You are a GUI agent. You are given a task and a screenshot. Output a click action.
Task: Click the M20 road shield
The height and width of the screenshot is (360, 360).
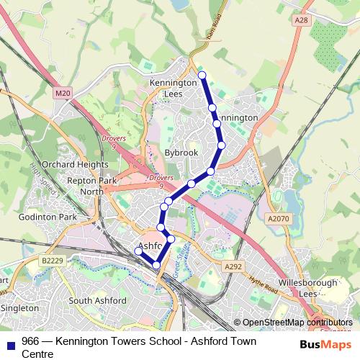(63, 93)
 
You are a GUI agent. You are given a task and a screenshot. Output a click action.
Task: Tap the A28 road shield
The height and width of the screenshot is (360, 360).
(301, 21)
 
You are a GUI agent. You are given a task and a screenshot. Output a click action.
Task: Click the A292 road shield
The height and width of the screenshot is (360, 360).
(233, 266)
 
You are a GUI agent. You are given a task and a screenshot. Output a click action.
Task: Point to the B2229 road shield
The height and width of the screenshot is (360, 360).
(51, 260)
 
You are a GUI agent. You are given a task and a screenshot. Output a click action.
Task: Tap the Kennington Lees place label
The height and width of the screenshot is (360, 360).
(173, 89)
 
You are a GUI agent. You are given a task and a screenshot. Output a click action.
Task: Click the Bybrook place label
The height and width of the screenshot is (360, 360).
(181, 153)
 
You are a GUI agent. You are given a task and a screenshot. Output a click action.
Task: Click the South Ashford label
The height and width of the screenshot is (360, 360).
(97, 300)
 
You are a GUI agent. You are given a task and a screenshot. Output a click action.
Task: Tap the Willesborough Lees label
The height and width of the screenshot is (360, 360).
(318, 288)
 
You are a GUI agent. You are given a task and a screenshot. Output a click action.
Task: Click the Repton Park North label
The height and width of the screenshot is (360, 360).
(91, 186)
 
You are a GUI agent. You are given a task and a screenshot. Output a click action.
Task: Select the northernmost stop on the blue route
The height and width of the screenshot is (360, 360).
(202, 75)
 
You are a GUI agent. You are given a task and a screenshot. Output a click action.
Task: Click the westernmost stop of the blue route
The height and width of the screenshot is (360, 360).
(138, 251)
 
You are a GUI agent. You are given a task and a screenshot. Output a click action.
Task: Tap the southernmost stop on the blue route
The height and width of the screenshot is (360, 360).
(157, 266)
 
